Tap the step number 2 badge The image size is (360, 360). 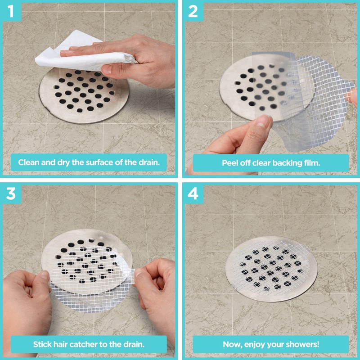[x=193, y=11]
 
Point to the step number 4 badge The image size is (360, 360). [x=193, y=193]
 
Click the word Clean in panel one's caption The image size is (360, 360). [x=29, y=162]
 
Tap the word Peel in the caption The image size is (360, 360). [x=231, y=162]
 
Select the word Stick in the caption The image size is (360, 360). [x=43, y=345]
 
